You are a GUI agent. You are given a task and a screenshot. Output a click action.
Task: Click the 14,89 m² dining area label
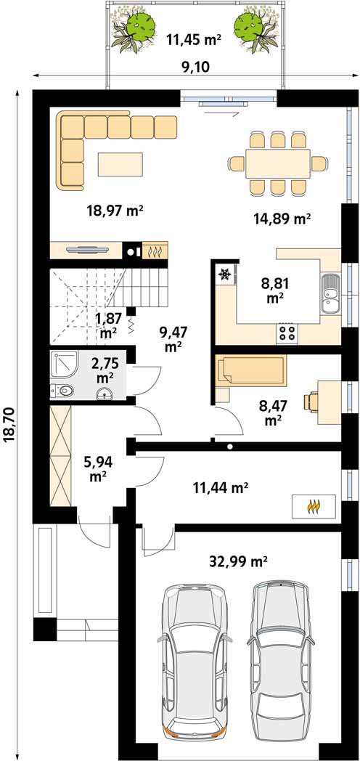[282, 219]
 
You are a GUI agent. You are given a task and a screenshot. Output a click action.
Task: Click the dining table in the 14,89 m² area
[277, 163]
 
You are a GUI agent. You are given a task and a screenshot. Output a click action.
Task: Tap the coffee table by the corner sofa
[120, 164]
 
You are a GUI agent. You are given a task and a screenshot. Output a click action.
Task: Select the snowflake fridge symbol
[224, 275]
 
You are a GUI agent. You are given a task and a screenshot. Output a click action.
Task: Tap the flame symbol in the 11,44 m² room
[314, 507]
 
